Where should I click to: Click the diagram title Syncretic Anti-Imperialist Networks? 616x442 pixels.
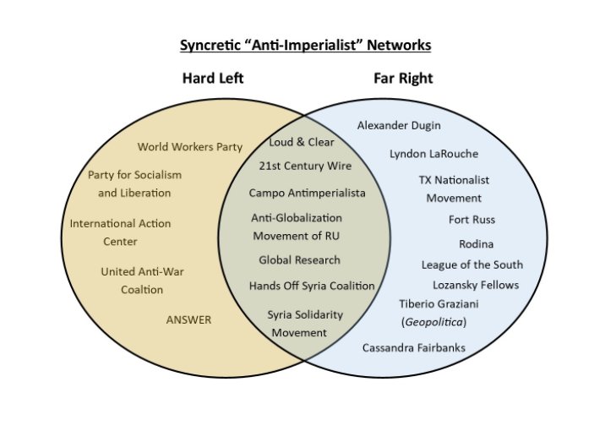click(311, 44)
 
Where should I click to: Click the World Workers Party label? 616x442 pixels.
click(190, 147)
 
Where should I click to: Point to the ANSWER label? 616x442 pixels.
click(188, 319)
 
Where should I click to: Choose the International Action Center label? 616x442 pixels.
click(120, 232)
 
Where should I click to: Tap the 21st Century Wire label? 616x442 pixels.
click(305, 166)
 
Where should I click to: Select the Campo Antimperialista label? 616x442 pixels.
click(307, 193)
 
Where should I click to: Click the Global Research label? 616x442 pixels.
click(299, 259)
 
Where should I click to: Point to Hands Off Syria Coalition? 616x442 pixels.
click(311, 286)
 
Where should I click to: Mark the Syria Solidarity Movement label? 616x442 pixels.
click(305, 323)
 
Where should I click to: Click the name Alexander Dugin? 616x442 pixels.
click(399, 125)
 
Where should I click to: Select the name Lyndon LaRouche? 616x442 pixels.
click(433, 154)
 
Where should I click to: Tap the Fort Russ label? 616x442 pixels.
click(472, 220)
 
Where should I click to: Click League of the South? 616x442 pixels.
click(472, 265)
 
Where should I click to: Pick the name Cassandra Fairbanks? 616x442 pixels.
click(413, 347)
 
